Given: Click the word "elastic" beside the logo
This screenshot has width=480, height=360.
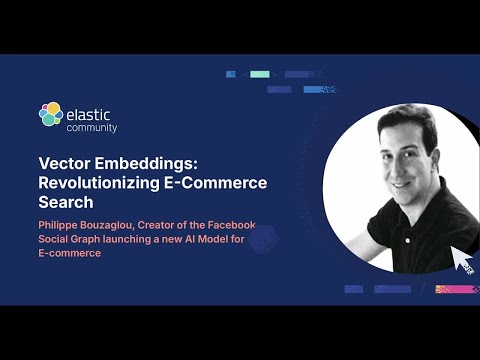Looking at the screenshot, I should (90, 111).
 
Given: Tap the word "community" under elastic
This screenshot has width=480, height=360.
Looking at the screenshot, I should (92, 128).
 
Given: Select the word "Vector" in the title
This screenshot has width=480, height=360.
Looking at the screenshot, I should (65, 163).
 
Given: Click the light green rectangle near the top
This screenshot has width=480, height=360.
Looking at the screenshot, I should (260, 74).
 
